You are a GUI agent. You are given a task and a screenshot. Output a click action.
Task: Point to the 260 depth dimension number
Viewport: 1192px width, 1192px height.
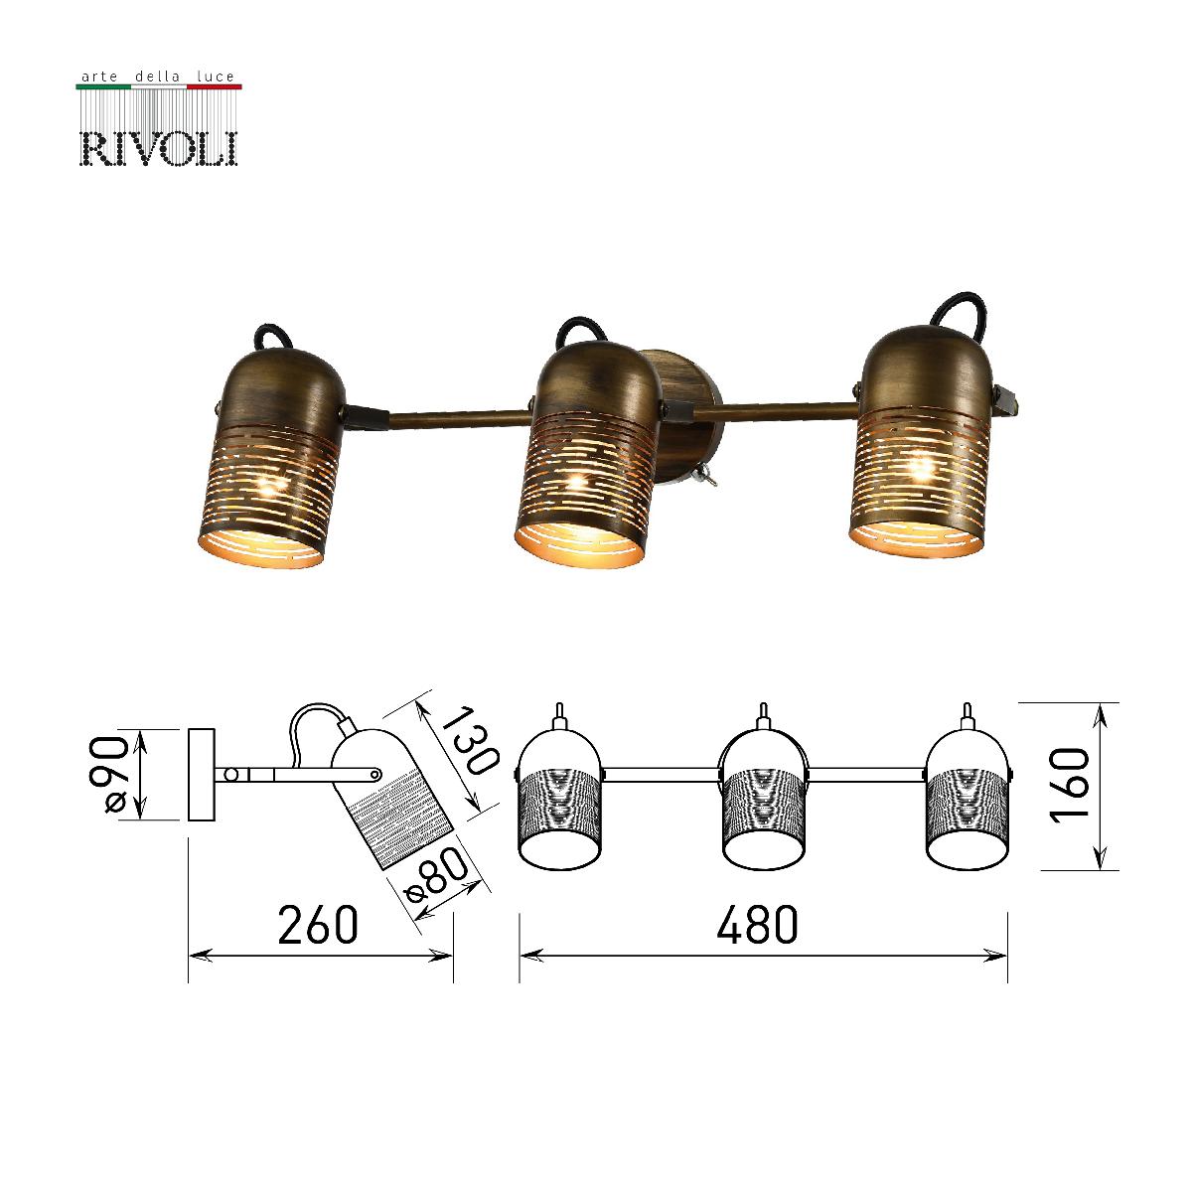pyautogui.click(x=317, y=926)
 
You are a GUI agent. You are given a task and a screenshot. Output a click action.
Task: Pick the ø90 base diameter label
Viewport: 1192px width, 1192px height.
pyautogui.click(x=114, y=775)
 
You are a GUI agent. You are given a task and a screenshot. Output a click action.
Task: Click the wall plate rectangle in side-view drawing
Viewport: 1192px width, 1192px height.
pyautogui.click(x=202, y=775)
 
